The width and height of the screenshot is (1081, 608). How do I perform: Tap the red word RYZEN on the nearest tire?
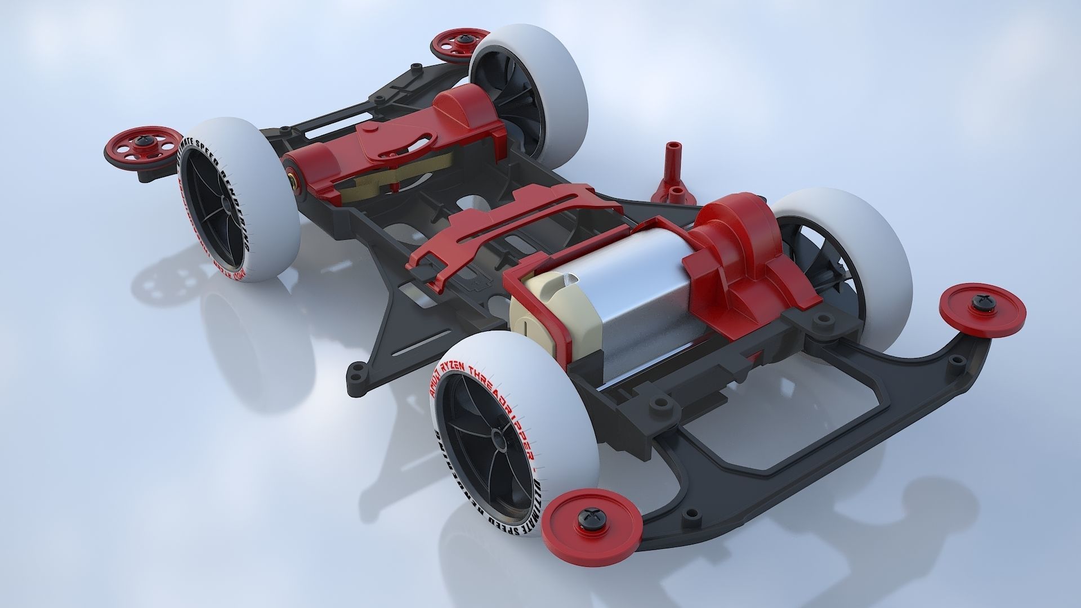(x=456, y=365)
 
